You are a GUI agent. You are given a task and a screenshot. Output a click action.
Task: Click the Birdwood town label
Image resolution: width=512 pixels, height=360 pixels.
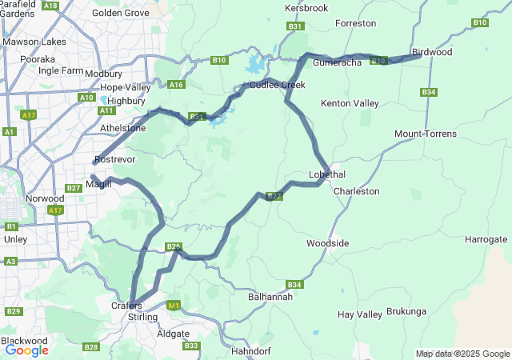[x=432, y=52]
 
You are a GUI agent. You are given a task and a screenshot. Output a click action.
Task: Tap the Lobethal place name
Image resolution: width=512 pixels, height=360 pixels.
[x=327, y=174]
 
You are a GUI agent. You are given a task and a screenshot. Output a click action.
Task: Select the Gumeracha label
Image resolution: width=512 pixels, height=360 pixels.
[x=338, y=62]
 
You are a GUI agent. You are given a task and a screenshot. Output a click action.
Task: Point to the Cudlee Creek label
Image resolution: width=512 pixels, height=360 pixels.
[x=278, y=85]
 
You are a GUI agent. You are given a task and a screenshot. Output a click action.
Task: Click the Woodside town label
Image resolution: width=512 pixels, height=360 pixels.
[x=328, y=243]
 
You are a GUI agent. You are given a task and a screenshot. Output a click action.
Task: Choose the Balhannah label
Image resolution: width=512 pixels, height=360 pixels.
[x=270, y=297]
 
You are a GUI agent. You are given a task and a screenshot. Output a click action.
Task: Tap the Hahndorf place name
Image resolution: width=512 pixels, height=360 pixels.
[x=252, y=351]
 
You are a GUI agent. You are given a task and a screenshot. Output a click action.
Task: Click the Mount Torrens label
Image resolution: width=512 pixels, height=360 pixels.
[x=426, y=134]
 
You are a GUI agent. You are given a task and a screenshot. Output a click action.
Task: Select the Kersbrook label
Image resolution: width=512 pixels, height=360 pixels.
[x=306, y=8]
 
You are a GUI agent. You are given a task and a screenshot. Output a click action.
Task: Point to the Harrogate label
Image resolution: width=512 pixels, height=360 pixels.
[x=486, y=239]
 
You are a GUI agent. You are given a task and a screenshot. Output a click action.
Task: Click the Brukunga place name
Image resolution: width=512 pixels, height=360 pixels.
[x=406, y=311]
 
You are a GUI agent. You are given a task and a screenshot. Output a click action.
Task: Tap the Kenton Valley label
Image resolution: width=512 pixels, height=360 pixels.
[x=350, y=104]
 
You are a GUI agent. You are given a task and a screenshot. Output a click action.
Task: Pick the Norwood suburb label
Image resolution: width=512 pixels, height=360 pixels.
[x=45, y=198]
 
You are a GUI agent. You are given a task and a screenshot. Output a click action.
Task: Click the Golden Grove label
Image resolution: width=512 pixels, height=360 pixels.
[x=121, y=13]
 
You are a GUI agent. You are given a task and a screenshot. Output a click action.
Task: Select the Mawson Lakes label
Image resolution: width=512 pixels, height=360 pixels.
[x=34, y=42]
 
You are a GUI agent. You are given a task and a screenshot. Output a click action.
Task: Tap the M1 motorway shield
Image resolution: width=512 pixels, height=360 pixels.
[x=174, y=305]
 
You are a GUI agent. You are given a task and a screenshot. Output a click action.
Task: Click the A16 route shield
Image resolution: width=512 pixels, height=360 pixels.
[x=177, y=85]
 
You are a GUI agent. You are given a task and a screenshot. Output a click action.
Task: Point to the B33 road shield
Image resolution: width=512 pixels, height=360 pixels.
[x=191, y=346]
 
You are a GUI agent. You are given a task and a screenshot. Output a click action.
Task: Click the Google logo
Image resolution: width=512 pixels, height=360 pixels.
[x=26, y=350]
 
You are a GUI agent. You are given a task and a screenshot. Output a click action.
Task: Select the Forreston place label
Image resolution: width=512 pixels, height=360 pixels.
[x=356, y=24]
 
